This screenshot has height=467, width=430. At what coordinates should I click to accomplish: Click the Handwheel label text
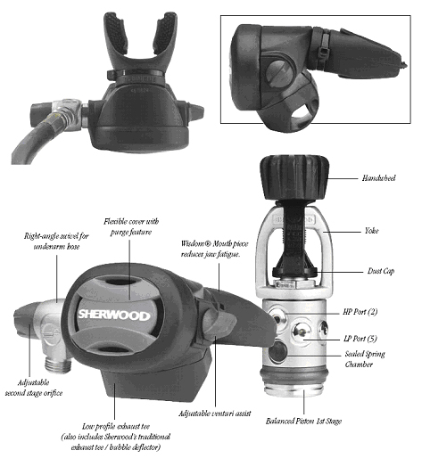379,178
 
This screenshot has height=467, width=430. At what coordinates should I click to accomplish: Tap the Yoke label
371,231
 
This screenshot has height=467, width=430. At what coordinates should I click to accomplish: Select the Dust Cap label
381,271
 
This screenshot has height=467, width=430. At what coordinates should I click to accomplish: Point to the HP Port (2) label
360,312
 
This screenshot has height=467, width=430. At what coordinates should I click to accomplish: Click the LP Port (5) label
360,339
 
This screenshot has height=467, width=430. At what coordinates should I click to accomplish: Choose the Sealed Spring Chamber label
365,359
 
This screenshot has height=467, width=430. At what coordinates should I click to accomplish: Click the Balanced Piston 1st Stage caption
303,421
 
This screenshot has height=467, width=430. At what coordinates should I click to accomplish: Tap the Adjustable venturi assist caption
215,414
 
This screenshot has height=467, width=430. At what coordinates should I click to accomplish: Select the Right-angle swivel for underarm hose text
56,241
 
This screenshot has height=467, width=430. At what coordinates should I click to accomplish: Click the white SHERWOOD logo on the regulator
114,315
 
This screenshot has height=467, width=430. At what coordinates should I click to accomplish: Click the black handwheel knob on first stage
294,177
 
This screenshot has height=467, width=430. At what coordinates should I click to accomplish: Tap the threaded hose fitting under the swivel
59,364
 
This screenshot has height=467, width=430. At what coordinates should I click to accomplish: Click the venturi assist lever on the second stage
219,324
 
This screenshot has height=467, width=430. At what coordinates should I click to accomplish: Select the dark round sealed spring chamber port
277,352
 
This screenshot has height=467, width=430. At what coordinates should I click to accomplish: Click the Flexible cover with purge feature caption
131,226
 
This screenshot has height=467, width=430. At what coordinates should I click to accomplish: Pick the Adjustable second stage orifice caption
34,388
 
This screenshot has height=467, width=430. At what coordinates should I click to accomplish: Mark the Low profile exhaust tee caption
116,437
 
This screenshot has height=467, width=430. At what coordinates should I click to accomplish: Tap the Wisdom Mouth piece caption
214,249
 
